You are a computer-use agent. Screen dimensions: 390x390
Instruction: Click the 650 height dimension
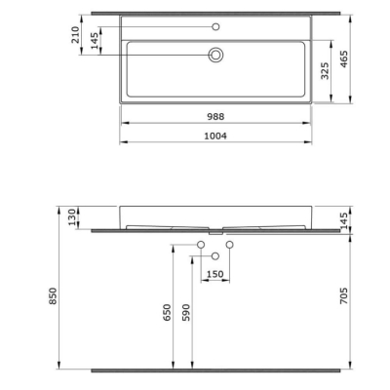(168, 312)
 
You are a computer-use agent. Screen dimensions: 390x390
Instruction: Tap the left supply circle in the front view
(201, 243)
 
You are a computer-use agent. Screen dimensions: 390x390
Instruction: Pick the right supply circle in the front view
(231, 243)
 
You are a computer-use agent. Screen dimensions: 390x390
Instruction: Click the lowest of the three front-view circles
(215, 255)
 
